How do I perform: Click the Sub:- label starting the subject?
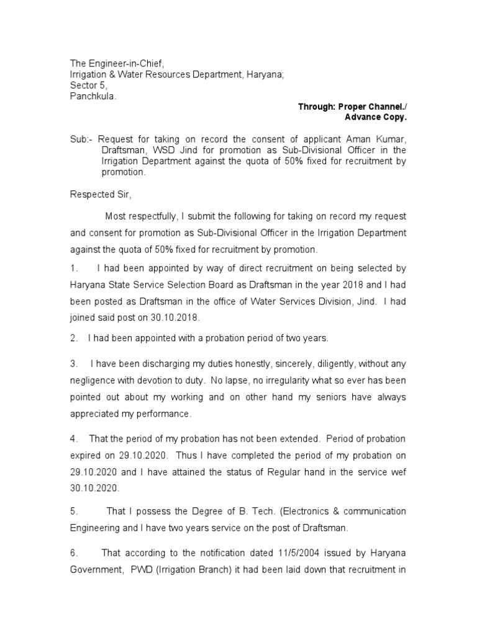tap(80, 140)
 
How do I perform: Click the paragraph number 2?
tap(73, 338)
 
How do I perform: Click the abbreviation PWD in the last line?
tap(143, 569)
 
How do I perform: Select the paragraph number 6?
tap(73, 553)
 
